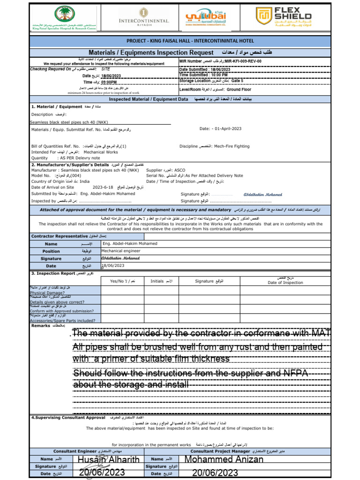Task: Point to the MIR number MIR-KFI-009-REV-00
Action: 243,61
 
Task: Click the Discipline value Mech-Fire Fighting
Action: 232,146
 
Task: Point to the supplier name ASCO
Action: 180,170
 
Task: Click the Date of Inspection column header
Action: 285,282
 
